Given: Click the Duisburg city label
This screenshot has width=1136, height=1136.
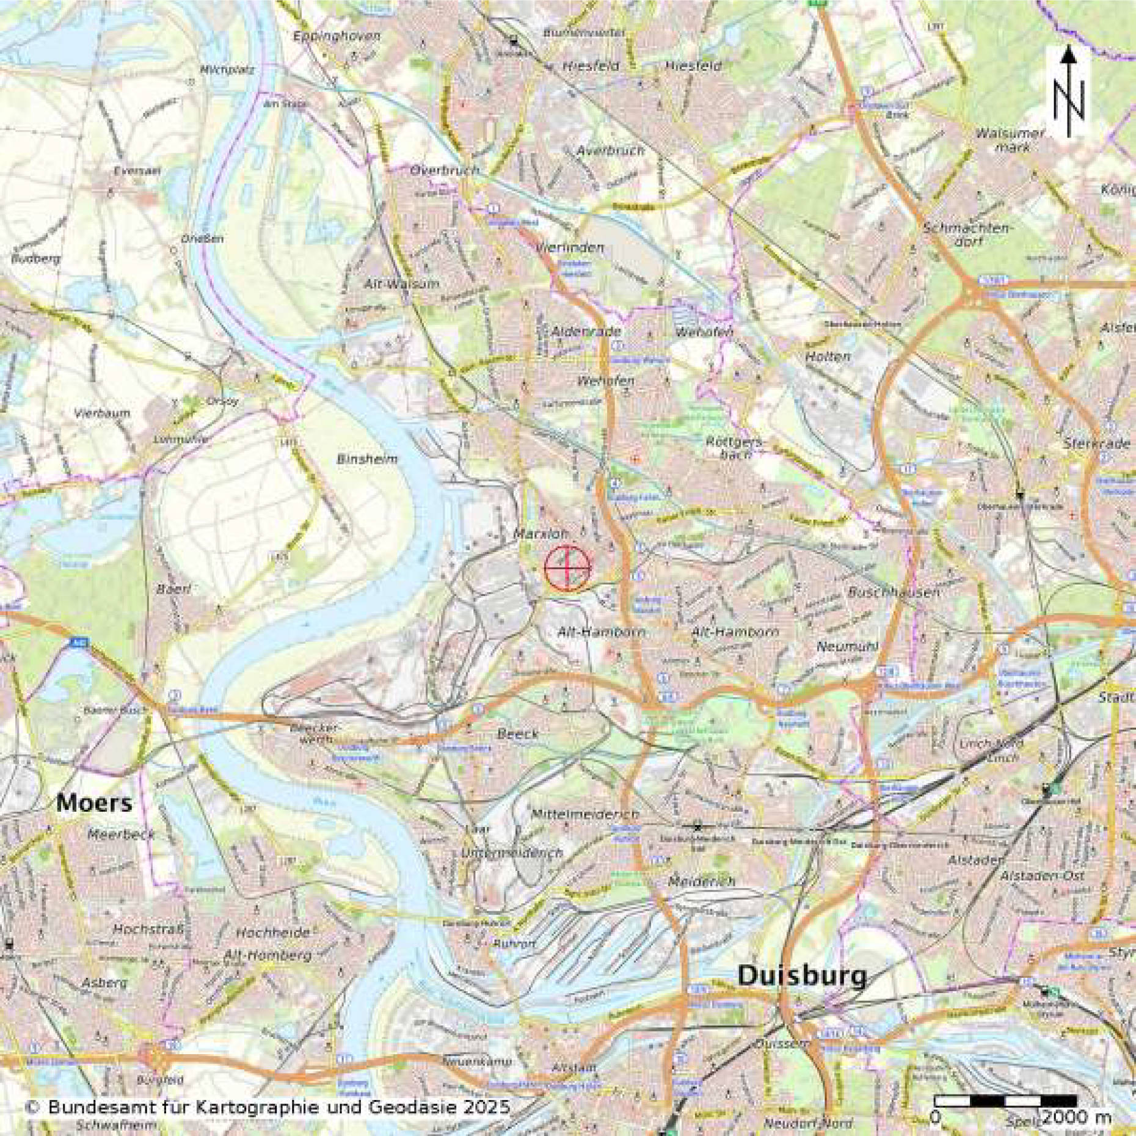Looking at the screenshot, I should [x=802, y=976].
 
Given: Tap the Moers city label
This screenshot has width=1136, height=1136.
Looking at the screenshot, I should [x=94, y=803].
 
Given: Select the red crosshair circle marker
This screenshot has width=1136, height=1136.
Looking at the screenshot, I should [x=568, y=569].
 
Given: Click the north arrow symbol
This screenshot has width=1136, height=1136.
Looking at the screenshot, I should [x=1068, y=92].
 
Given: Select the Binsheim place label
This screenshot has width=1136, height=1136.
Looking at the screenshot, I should [x=367, y=459].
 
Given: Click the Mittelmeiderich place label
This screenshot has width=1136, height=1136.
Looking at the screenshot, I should [x=584, y=814].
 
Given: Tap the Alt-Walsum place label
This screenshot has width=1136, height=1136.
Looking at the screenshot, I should [x=401, y=284].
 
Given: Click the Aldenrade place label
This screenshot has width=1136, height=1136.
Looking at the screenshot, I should [x=577, y=332].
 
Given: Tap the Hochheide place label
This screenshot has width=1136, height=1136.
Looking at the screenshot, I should [x=272, y=933].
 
